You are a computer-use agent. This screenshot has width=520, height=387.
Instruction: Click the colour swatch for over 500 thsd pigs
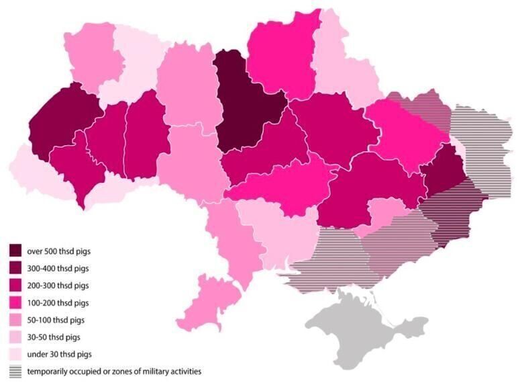point(15,251)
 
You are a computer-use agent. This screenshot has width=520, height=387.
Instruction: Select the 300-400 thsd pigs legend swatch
point(15,269)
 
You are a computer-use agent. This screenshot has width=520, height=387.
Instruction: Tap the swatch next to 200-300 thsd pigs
point(15,286)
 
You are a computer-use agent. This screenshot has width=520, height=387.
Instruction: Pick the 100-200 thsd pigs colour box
point(15,303)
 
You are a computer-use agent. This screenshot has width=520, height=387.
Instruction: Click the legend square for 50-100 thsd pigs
point(15,320)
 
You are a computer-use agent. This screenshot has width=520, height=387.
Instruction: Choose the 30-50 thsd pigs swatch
point(15,337)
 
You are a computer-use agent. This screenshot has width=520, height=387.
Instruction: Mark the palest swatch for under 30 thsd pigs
point(15,353)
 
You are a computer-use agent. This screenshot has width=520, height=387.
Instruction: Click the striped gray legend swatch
point(15,371)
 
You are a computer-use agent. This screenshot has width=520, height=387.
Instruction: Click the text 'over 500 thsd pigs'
point(58,251)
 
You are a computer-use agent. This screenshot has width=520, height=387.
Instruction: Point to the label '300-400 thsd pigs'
point(58,269)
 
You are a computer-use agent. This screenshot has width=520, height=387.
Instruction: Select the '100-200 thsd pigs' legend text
point(58,303)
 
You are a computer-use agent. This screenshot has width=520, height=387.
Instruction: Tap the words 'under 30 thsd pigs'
point(59,353)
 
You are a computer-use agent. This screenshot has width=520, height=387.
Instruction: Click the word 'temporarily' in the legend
point(49,371)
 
